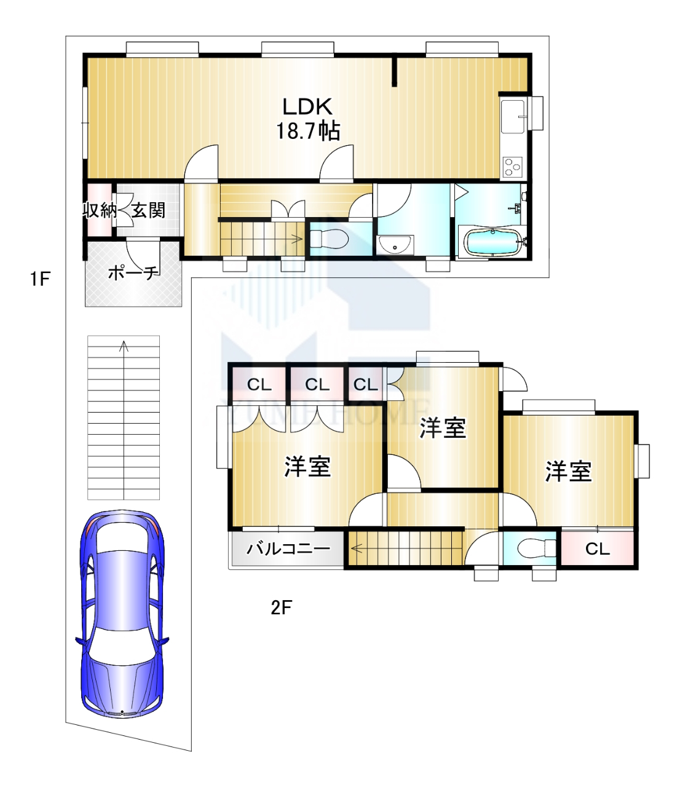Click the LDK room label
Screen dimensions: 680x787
coord(307,107)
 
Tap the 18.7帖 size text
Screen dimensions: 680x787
coord(307,132)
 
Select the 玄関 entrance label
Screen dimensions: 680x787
coord(148,210)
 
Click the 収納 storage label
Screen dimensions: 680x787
coord(100,210)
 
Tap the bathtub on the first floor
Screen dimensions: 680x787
coord(494,242)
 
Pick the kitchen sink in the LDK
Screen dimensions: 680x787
coord(513,116)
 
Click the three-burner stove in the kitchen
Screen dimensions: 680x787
coord(513,167)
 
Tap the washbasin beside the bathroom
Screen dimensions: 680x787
coord(395,245)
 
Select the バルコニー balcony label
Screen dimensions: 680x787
coord(288,548)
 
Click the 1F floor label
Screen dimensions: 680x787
coord(41,280)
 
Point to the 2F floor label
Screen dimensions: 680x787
coord(281,607)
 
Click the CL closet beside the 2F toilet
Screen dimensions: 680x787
coord(597,548)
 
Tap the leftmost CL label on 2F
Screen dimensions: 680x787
coord(259,385)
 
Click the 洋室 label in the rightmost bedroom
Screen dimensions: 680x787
coord(569,472)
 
